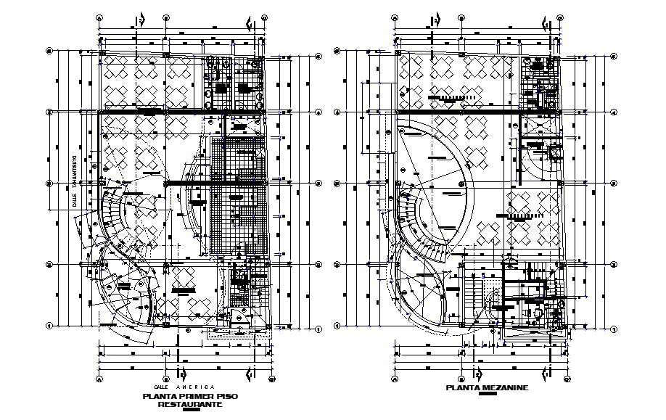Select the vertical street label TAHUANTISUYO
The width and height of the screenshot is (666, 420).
coord(73,173)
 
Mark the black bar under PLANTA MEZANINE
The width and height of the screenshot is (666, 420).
coord(488,395)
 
